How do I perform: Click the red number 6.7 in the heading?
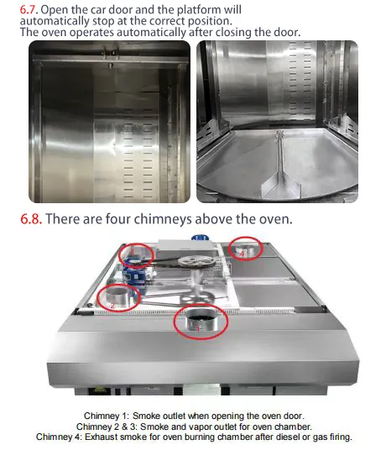(x=29, y=9)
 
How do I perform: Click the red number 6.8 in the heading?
(x=30, y=218)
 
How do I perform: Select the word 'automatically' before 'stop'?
(x=55, y=21)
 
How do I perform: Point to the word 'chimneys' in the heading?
(x=163, y=219)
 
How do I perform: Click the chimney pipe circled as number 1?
(x=201, y=321)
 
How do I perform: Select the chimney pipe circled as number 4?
(x=245, y=250)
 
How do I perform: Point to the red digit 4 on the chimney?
(x=243, y=254)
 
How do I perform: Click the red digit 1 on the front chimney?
(x=198, y=329)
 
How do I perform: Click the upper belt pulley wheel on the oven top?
(x=196, y=262)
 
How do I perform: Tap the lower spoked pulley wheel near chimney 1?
(x=196, y=297)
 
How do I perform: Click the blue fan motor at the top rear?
(x=201, y=238)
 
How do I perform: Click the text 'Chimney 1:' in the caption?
(x=107, y=416)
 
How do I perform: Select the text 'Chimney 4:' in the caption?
(x=59, y=437)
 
